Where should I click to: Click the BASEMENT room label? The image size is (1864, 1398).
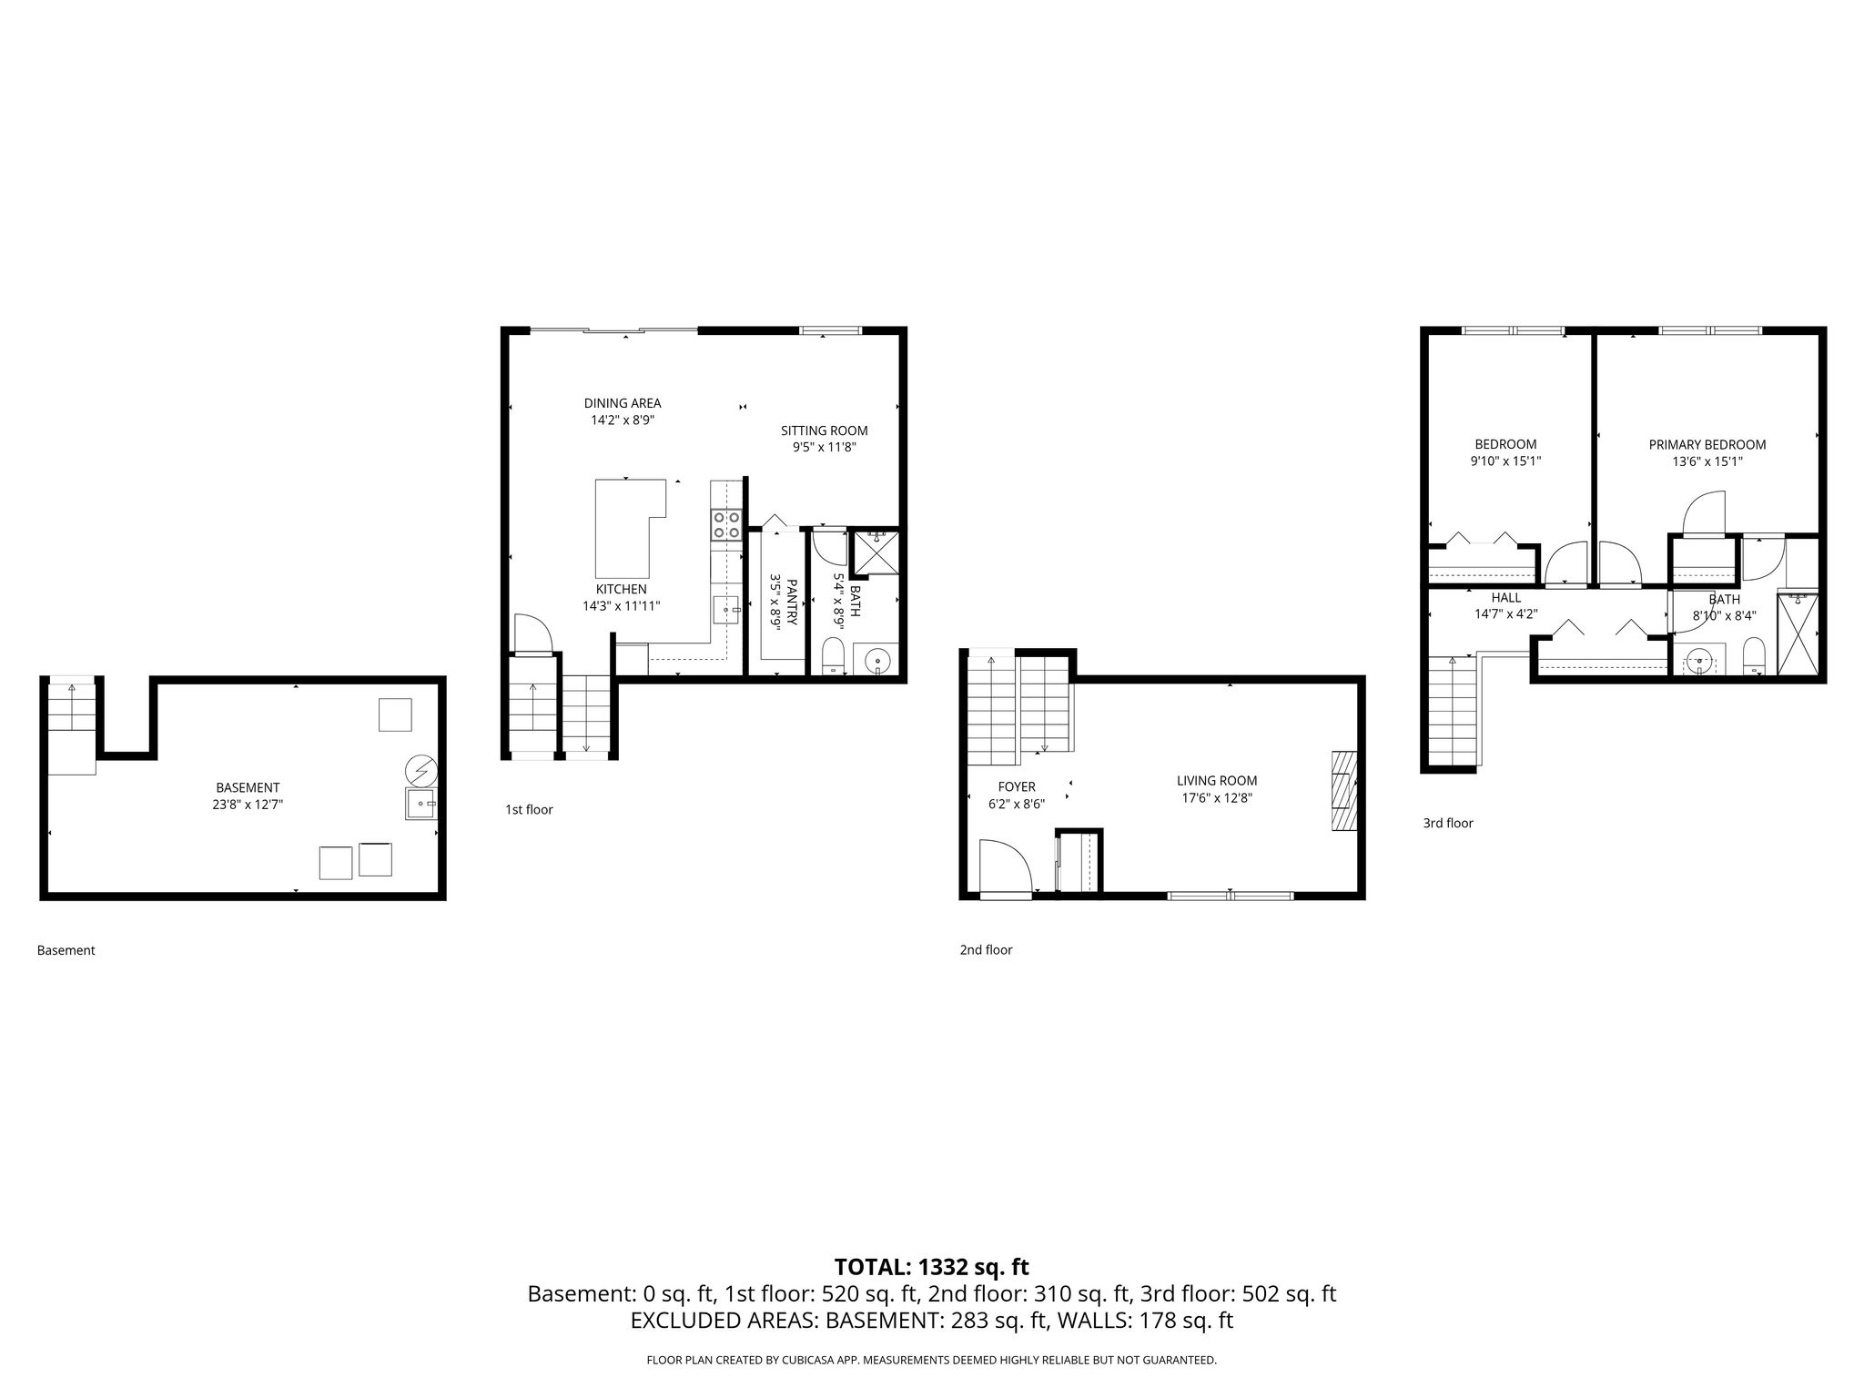pyautogui.click(x=248, y=787)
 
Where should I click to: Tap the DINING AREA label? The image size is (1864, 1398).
pyautogui.click(x=623, y=403)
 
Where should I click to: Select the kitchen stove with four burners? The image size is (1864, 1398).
pyautogui.click(x=726, y=525)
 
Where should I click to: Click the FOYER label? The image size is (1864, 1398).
pyautogui.click(x=1017, y=787)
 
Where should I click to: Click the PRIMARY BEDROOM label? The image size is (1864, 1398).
pyautogui.click(x=1707, y=445)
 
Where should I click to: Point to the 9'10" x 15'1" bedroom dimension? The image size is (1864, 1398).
pyautogui.click(x=1505, y=461)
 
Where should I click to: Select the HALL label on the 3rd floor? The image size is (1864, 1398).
pyautogui.click(x=1506, y=598)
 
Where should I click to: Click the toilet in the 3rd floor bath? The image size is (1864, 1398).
pyautogui.click(x=1754, y=656)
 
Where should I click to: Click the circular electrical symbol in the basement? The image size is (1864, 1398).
pyautogui.click(x=421, y=772)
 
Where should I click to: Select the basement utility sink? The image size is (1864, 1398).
pyautogui.click(x=421, y=805)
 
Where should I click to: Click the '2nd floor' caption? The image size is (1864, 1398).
pyautogui.click(x=986, y=950)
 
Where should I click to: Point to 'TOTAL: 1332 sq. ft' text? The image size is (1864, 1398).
pyautogui.click(x=931, y=1267)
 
